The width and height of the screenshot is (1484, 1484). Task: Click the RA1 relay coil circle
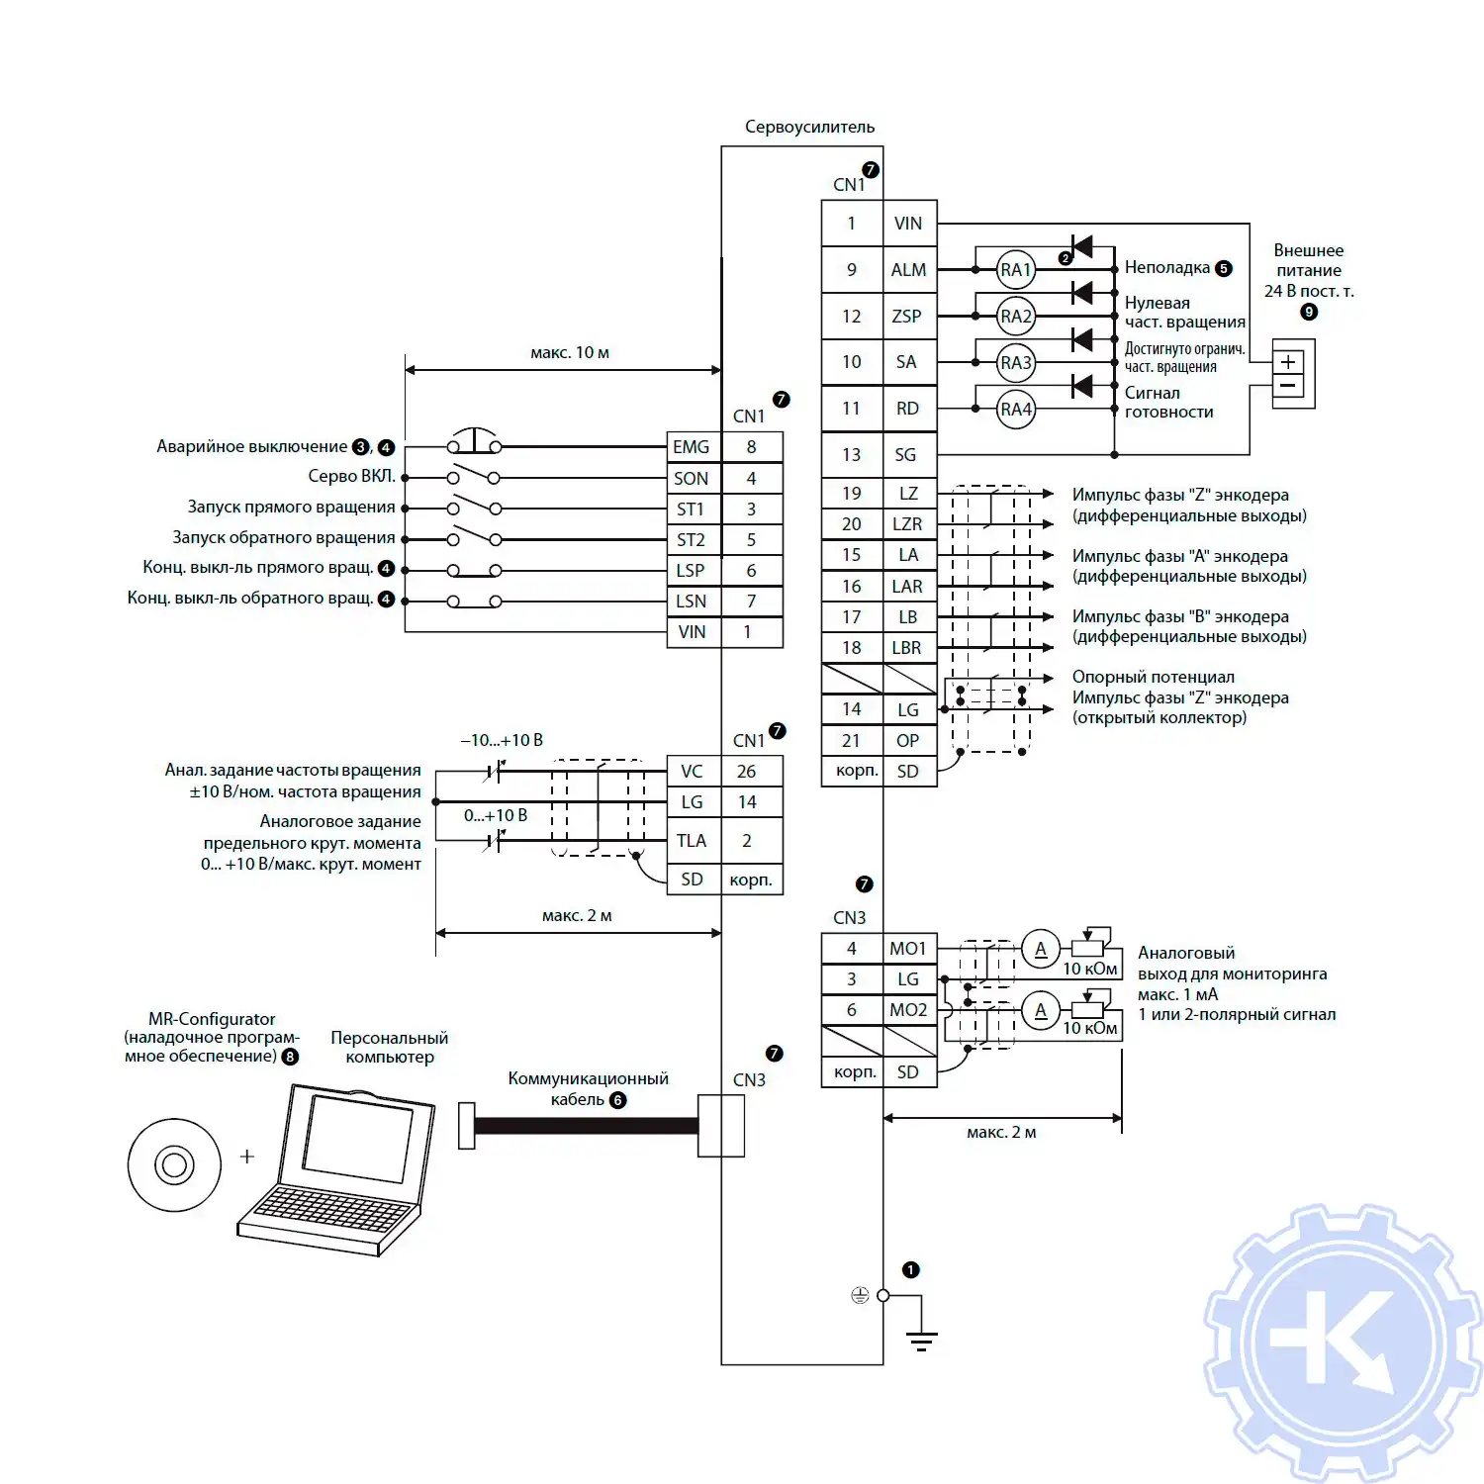pyautogui.click(x=1015, y=270)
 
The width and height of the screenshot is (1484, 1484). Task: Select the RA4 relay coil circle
pyautogui.click(x=1015, y=409)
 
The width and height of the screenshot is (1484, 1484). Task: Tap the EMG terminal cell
pyautogui.click(x=692, y=447)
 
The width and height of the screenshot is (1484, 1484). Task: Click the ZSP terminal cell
pyautogui.click(x=907, y=317)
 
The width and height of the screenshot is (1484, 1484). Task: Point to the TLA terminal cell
pyautogui.click(x=692, y=841)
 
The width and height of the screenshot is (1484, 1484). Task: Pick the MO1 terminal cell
pyautogui.click(x=907, y=949)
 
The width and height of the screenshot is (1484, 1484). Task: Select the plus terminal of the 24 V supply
pyautogui.click(x=1288, y=362)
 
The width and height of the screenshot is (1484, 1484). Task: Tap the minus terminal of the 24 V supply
pyautogui.click(x=1288, y=386)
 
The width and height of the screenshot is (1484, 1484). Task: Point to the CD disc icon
pyautogui.click(x=174, y=1164)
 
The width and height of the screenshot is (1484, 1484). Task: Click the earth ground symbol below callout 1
pyautogui.click(x=921, y=1341)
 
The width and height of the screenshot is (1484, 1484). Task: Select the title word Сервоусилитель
pyautogui.click(x=809, y=127)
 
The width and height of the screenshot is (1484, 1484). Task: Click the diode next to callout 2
pyautogui.click(x=1082, y=246)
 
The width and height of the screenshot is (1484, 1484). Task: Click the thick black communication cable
pyautogui.click(x=586, y=1125)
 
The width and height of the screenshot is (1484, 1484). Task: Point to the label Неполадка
pyautogui.click(x=1166, y=268)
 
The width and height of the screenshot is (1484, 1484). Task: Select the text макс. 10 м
pyautogui.click(x=569, y=353)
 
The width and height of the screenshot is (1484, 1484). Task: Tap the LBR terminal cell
pyautogui.click(x=907, y=648)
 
